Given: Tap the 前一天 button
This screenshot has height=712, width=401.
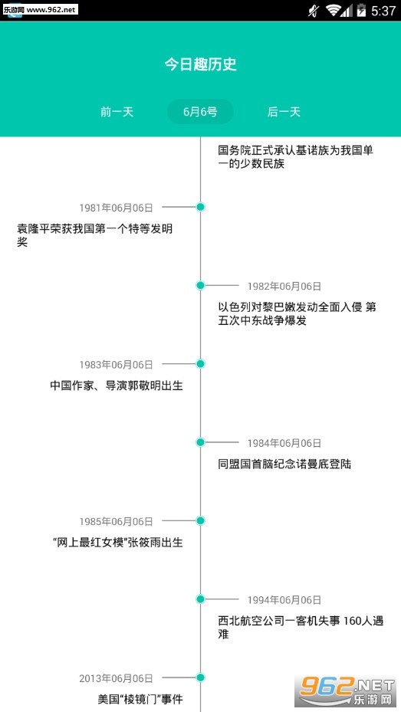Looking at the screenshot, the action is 117,112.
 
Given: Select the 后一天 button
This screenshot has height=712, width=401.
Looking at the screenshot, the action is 284,112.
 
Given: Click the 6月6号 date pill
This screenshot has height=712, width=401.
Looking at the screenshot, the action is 200,112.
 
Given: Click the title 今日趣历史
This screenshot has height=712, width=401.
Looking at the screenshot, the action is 200,64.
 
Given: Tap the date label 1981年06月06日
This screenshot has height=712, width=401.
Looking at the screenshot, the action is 117,208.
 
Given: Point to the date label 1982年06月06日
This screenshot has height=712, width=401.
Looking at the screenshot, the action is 284,286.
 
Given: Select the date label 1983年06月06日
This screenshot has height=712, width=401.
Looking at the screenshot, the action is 117,365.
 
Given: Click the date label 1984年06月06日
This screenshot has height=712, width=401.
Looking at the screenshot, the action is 284,443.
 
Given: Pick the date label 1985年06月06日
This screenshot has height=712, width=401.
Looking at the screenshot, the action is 117,521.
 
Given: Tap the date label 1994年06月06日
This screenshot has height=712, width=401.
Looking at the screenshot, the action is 284,600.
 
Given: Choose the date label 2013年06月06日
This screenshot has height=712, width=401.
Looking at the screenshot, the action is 117,678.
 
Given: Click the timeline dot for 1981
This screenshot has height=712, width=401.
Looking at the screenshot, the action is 200,207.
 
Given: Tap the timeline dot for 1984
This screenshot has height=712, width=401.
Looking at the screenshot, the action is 200,442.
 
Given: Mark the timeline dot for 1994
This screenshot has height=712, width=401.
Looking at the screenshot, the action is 200,599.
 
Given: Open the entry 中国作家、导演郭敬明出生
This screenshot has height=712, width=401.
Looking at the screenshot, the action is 117,386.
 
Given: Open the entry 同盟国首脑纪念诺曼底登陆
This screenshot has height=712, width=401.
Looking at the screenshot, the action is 284,464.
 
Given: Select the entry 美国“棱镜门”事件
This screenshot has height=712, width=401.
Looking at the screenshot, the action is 140,699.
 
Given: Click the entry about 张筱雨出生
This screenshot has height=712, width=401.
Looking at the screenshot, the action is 118,543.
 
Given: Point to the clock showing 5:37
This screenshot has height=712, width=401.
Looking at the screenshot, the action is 383,11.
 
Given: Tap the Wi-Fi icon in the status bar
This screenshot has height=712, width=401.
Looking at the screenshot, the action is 334,11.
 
